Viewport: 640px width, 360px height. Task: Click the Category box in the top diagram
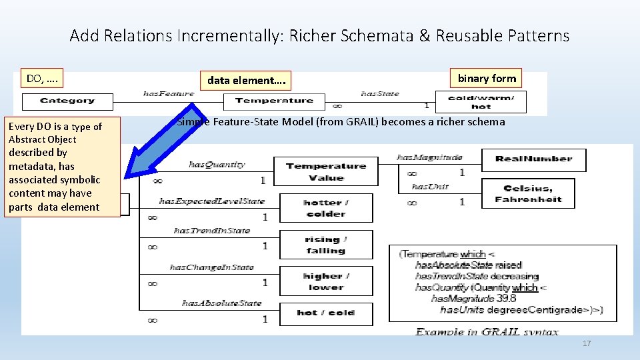tap(67, 101)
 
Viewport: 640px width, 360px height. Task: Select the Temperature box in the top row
tap(274, 101)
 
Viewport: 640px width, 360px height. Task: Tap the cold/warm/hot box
tap(481, 102)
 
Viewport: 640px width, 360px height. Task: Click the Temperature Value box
tap(326, 172)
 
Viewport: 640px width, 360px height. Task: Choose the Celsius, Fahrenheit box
tap(528, 194)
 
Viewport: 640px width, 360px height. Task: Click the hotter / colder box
tap(325, 208)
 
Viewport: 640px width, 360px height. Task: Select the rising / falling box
tap(325, 245)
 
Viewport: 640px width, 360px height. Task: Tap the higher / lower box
tap(326, 281)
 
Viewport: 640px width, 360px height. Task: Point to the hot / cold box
tap(326, 312)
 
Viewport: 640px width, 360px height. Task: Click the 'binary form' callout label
tap(486, 79)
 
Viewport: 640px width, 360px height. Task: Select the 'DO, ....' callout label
tap(41, 79)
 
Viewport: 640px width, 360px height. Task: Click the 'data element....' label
tap(247, 81)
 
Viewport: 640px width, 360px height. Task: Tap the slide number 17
tap(587, 343)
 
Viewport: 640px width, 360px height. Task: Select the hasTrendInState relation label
tap(211, 231)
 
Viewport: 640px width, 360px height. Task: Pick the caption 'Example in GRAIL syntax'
tap(487, 331)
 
